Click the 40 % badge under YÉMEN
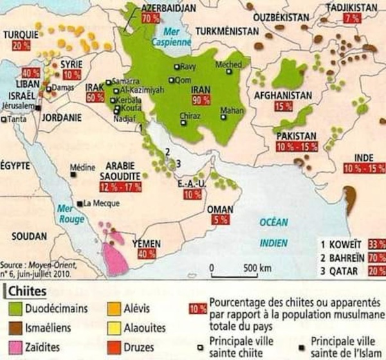click(145, 253)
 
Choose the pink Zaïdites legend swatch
click(17, 346)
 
